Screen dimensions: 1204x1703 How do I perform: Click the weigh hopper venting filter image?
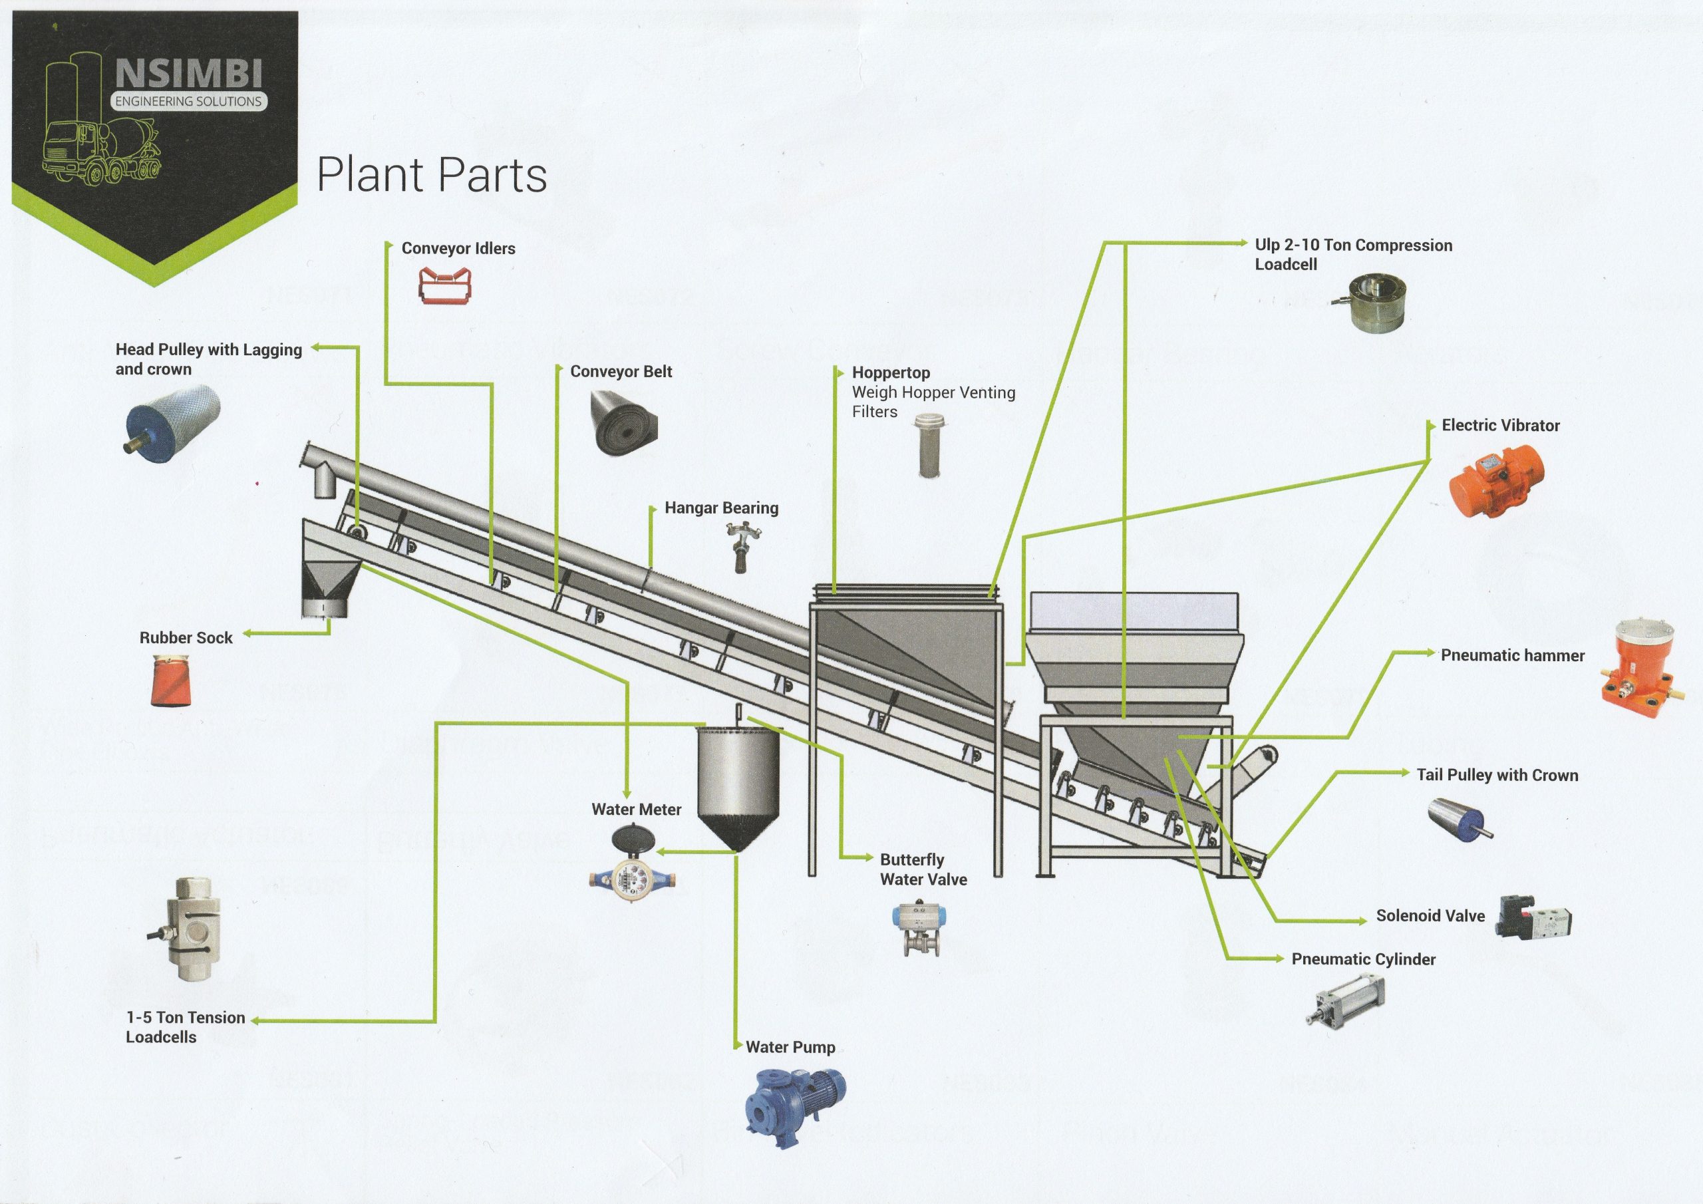click(927, 445)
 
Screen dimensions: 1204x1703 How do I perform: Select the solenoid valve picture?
click(1534, 917)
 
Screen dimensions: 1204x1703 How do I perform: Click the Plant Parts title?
click(432, 175)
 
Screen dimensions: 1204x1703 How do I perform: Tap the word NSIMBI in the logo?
click(188, 75)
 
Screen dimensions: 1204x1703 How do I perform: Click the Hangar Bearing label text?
click(721, 508)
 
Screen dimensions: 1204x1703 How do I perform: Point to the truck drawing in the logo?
click(100, 152)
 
